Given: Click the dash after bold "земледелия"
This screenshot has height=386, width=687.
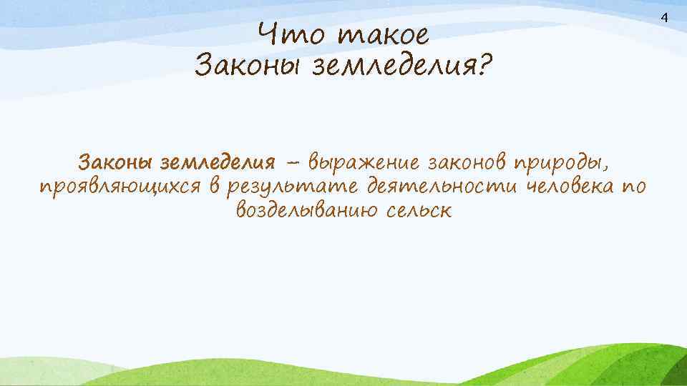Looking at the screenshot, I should pos(293,164).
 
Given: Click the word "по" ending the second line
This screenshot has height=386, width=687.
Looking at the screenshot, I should pos(634,187).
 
